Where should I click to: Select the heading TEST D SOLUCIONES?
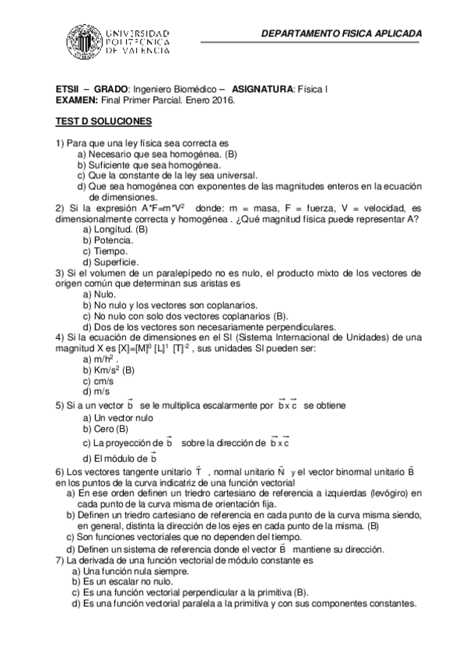click(103, 122)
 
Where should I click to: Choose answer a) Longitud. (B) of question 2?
click(114, 230)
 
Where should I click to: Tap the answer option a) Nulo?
click(99, 295)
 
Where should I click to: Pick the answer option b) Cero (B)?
click(106, 429)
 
